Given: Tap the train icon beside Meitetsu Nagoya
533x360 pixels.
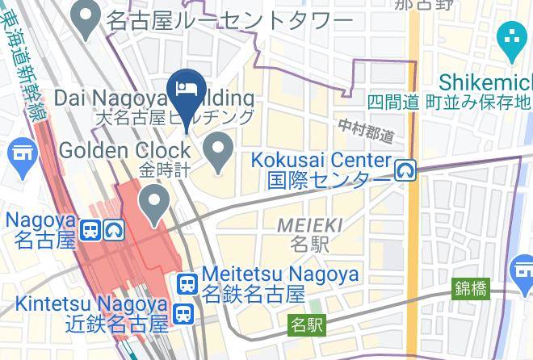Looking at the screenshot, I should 187,283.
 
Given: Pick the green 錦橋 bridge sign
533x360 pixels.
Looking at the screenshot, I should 471,287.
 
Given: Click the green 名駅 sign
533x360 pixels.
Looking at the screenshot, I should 307,325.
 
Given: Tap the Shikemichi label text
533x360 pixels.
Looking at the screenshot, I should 485,82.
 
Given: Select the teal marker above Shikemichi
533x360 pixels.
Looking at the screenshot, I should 512,40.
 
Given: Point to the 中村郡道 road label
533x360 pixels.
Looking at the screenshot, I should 366,129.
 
